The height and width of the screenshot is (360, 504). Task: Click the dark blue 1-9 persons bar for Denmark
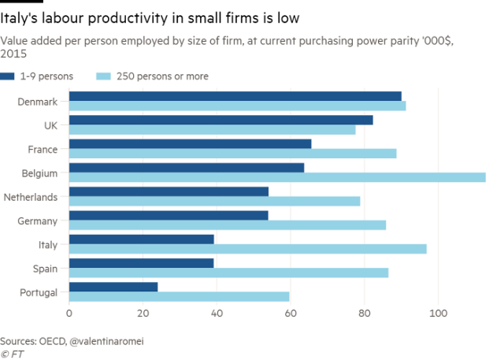(235, 95)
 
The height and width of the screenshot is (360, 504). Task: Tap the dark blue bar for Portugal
(114, 285)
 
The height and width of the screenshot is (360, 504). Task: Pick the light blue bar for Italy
(248, 249)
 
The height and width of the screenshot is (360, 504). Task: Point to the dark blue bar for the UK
(221, 120)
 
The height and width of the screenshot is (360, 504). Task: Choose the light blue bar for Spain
(228, 273)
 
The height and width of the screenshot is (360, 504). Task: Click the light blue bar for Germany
(228, 225)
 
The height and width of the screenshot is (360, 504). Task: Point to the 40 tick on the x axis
(217, 314)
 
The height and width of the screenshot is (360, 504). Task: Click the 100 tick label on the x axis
(437, 314)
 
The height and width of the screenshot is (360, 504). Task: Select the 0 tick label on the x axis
(69, 314)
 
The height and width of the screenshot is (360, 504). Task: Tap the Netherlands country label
(31, 196)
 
